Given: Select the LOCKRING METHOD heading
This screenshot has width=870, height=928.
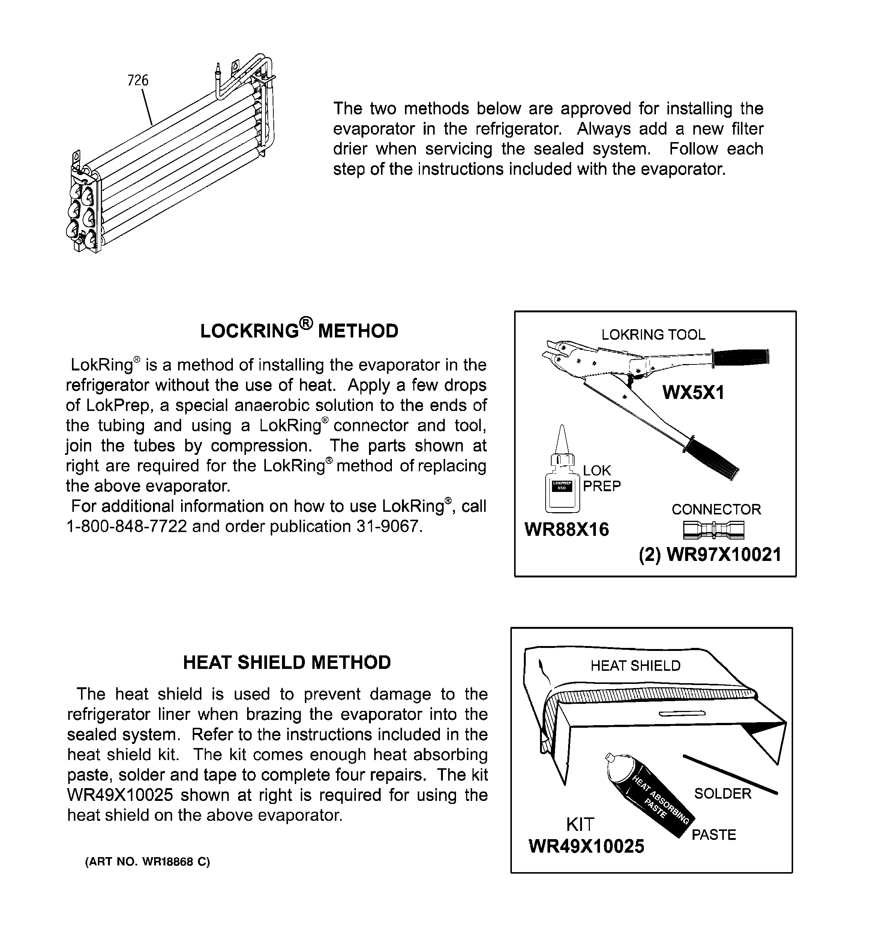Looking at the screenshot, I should coord(299,330).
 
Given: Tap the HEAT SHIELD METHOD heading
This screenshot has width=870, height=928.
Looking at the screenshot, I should coord(287,663).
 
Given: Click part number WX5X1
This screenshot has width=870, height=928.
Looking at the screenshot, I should coord(693,393).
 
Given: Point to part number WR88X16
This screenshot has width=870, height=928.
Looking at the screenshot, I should coord(567,529).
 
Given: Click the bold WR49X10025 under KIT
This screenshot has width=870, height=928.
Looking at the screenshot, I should coord(586,846).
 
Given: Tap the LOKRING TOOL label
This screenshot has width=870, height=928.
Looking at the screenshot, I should coord(653,335).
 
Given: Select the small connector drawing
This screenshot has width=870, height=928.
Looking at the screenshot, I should coord(713,529).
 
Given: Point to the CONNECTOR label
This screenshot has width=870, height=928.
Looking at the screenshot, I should coord(716,509).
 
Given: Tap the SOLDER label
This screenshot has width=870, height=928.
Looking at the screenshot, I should coord(722,793).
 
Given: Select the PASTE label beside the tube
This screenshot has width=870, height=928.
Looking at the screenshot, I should coord(714,835).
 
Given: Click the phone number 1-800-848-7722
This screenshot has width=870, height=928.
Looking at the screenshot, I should coord(126,526).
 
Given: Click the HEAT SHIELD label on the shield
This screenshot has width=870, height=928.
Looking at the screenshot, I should coord(635,666).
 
